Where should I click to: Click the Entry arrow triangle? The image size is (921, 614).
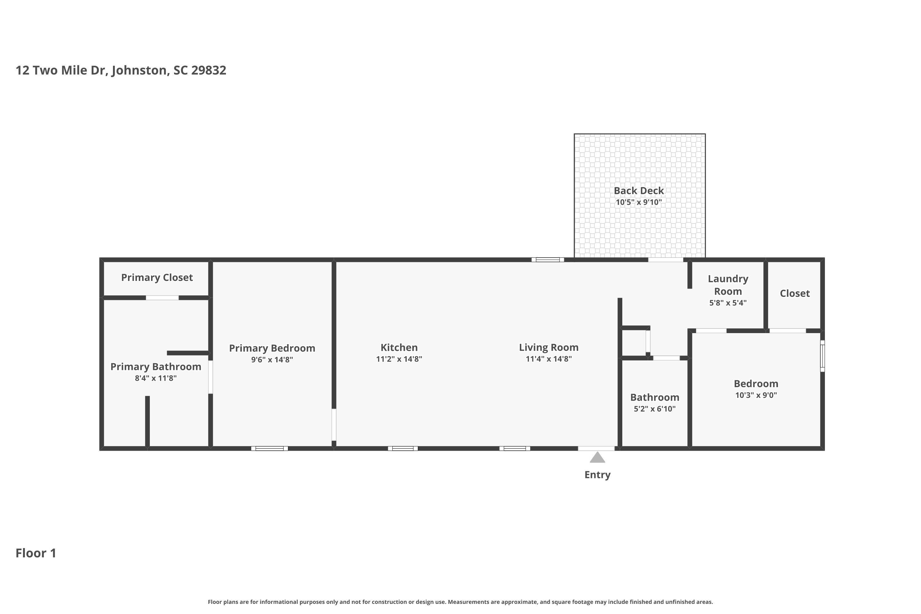tap(597, 457)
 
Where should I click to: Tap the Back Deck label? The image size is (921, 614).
tap(639, 191)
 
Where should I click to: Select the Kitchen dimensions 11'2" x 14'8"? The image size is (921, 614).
tap(399, 359)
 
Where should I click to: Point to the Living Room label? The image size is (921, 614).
tap(549, 347)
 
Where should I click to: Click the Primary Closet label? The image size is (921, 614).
tap(157, 278)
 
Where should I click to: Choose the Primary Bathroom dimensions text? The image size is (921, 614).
tap(156, 378)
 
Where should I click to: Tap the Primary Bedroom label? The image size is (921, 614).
tap(272, 348)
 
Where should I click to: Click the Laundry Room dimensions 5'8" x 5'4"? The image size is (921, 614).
tap(728, 303)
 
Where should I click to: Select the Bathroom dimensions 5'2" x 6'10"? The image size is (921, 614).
tap(655, 409)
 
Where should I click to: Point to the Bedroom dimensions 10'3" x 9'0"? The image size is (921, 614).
tap(756, 395)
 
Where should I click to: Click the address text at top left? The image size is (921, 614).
tap(121, 71)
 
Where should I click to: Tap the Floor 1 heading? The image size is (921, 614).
tap(36, 553)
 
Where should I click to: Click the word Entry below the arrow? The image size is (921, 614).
tap(597, 475)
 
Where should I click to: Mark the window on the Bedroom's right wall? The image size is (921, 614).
tap(822, 356)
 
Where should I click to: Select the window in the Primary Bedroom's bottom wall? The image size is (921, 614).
tap(270, 448)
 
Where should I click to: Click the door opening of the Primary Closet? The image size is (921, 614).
tap(162, 297)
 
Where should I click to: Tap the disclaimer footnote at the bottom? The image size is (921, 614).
tap(460, 602)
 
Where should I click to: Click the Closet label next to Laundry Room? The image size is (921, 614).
tap(795, 293)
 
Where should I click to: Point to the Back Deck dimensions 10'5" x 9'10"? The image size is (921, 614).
tap(639, 202)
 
